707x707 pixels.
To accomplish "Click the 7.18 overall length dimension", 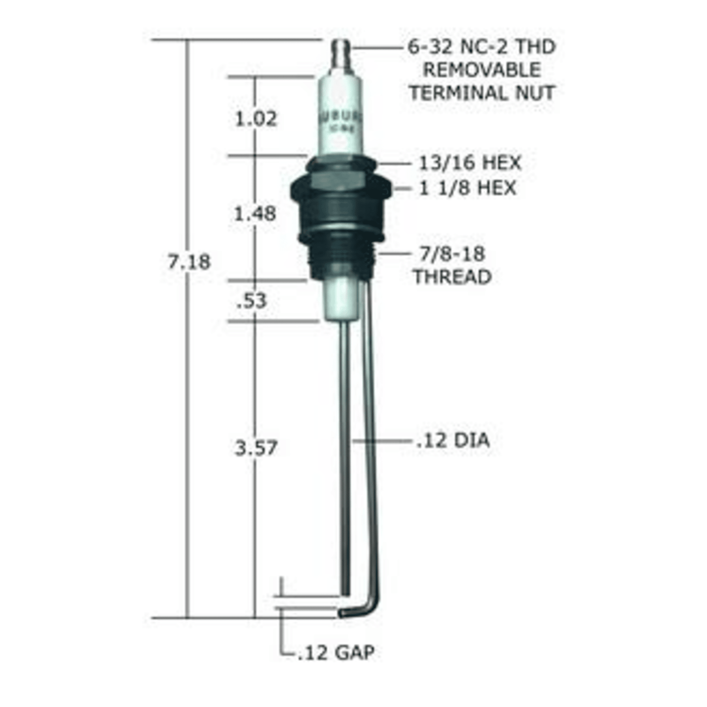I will coord(189,262).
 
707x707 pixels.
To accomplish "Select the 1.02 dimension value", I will coord(256,119).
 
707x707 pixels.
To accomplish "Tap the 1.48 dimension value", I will coord(255,214).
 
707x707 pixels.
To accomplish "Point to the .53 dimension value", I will coord(251,301).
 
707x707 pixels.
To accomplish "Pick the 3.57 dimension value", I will coord(256,448).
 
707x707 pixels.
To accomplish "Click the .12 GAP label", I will coord(336,652).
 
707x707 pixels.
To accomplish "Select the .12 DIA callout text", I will coord(453,440).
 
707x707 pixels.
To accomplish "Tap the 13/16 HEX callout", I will coord(470,163).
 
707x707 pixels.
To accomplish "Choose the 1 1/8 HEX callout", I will coord(467,188).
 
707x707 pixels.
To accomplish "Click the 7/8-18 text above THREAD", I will coord(452,254).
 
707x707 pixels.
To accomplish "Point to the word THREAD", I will coord(452,277).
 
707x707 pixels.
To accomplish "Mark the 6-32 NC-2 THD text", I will coord(481,47).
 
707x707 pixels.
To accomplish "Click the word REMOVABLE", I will coord(481,69).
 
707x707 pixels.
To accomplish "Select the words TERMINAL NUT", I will coord(481,92).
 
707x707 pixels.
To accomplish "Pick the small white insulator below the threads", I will coord(341,298).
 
